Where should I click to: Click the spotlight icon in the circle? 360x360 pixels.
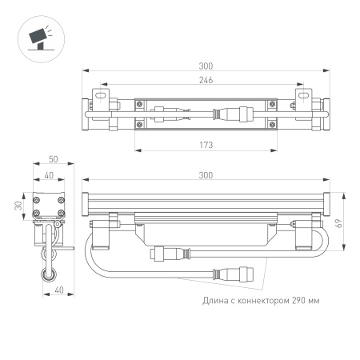pyautogui.click(x=38, y=37)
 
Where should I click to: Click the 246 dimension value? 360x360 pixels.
pyautogui.click(x=206, y=80)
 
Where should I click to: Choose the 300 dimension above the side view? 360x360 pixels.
pyautogui.click(x=206, y=174)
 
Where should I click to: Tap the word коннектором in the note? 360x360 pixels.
pyautogui.click(x=257, y=301)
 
